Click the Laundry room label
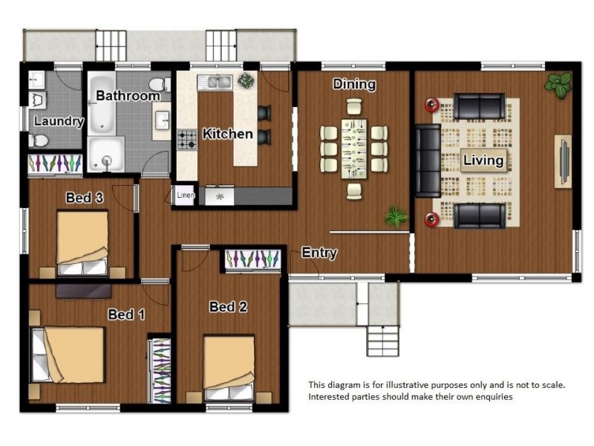(x=59, y=121)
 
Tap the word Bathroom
(x=128, y=96)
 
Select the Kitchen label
(x=227, y=134)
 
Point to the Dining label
(x=354, y=84)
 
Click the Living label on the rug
(x=483, y=160)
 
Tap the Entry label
(x=319, y=253)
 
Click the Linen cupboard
(x=185, y=195)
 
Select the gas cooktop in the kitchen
(x=187, y=139)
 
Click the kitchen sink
(x=215, y=82)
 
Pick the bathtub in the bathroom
(x=102, y=103)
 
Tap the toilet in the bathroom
(x=159, y=84)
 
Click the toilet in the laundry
(x=39, y=141)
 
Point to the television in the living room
(x=564, y=161)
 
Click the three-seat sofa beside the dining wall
(x=428, y=161)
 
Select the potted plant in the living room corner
(x=558, y=85)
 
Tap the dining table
(x=354, y=149)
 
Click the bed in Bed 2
(x=229, y=368)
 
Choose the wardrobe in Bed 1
(x=160, y=369)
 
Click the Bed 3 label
(x=84, y=198)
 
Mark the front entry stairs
(x=383, y=340)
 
